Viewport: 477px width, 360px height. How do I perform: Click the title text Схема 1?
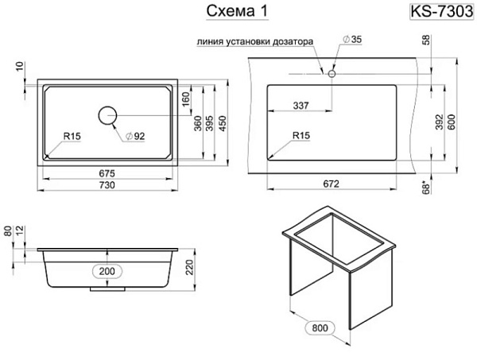coord(237,11)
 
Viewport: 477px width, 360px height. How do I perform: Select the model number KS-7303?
coord(442,12)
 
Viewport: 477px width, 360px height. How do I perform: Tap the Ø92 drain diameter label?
coord(135,136)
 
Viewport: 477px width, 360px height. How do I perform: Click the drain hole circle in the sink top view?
coord(107,116)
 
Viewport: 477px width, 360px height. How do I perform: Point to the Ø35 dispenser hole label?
coord(352,39)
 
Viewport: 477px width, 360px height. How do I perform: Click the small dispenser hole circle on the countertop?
coord(332,74)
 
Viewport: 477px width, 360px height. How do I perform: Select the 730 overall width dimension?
coord(107,184)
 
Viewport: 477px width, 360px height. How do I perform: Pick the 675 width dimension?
coord(107,173)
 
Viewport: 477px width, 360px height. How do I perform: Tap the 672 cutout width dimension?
coord(331,184)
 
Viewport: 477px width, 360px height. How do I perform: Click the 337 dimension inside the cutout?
coord(301,106)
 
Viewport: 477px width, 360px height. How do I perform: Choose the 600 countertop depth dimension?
coord(452,122)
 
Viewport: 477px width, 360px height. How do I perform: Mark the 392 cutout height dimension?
coord(440,122)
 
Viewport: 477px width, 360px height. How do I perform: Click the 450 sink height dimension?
coord(223,123)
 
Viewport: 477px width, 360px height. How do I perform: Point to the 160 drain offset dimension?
coord(185,99)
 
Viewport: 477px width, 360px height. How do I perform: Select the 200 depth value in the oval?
coord(107,271)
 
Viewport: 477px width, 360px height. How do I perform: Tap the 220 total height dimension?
coord(190,268)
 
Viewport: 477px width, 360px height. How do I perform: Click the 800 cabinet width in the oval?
coord(320,327)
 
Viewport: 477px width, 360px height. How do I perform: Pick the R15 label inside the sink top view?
coord(72,136)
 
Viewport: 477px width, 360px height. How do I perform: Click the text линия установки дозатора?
coord(255,41)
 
